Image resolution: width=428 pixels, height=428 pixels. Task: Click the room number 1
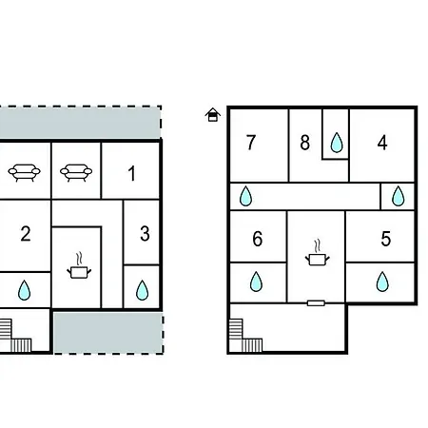point(131,173)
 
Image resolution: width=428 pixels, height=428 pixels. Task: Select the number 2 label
point(26,234)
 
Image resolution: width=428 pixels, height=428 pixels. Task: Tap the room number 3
point(145,234)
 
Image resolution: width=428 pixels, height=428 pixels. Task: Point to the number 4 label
point(382,143)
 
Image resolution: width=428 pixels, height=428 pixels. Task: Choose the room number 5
point(386,239)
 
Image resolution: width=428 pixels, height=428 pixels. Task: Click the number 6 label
point(258,239)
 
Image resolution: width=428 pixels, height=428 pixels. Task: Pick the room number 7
point(251,143)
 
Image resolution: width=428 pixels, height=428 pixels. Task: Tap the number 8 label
point(305,143)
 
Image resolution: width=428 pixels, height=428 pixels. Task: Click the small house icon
point(213,115)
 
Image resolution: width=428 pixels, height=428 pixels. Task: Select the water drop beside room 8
point(337,143)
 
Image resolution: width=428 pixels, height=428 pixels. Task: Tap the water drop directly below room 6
point(256,282)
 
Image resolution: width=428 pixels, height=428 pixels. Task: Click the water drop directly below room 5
point(382,282)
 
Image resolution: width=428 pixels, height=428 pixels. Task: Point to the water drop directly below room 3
point(142,290)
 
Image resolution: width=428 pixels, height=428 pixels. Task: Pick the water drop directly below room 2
point(24,290)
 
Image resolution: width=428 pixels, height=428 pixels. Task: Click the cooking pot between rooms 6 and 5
point(317,253)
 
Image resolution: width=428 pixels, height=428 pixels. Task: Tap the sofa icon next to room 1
point(76,172)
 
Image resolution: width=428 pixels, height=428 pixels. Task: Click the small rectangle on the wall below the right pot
point(316,303)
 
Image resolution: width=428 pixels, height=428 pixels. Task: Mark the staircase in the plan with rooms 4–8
point(245,336)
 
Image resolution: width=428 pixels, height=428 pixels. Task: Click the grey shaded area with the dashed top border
point(80,123)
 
